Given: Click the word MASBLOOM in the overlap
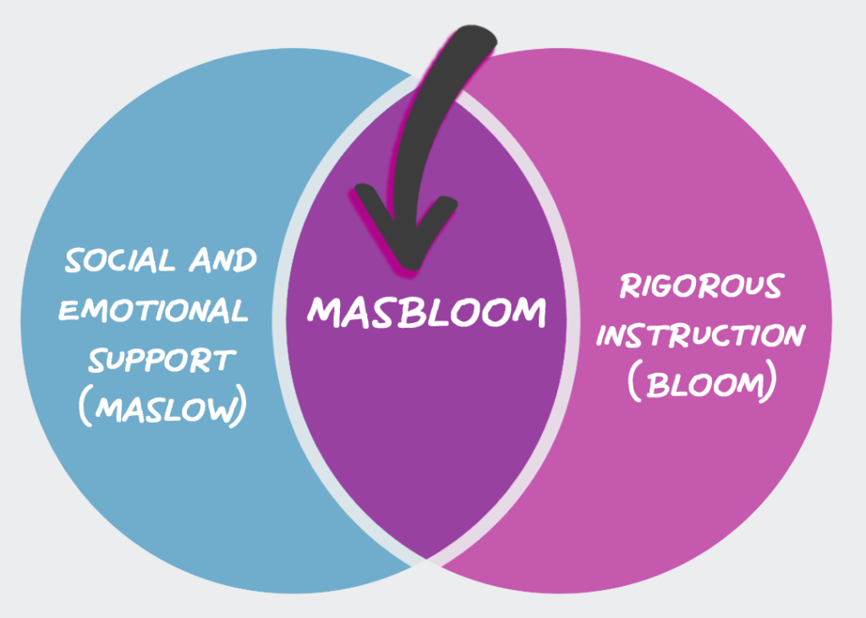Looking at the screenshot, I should [x=426, y=312].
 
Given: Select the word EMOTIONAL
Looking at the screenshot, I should [x=153, y=310].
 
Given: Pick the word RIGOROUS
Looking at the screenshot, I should [x=701, y=287].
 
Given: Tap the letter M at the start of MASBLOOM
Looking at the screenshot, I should [x=322, y=312].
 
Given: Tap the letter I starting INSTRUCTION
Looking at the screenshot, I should [x=603, y=336].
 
